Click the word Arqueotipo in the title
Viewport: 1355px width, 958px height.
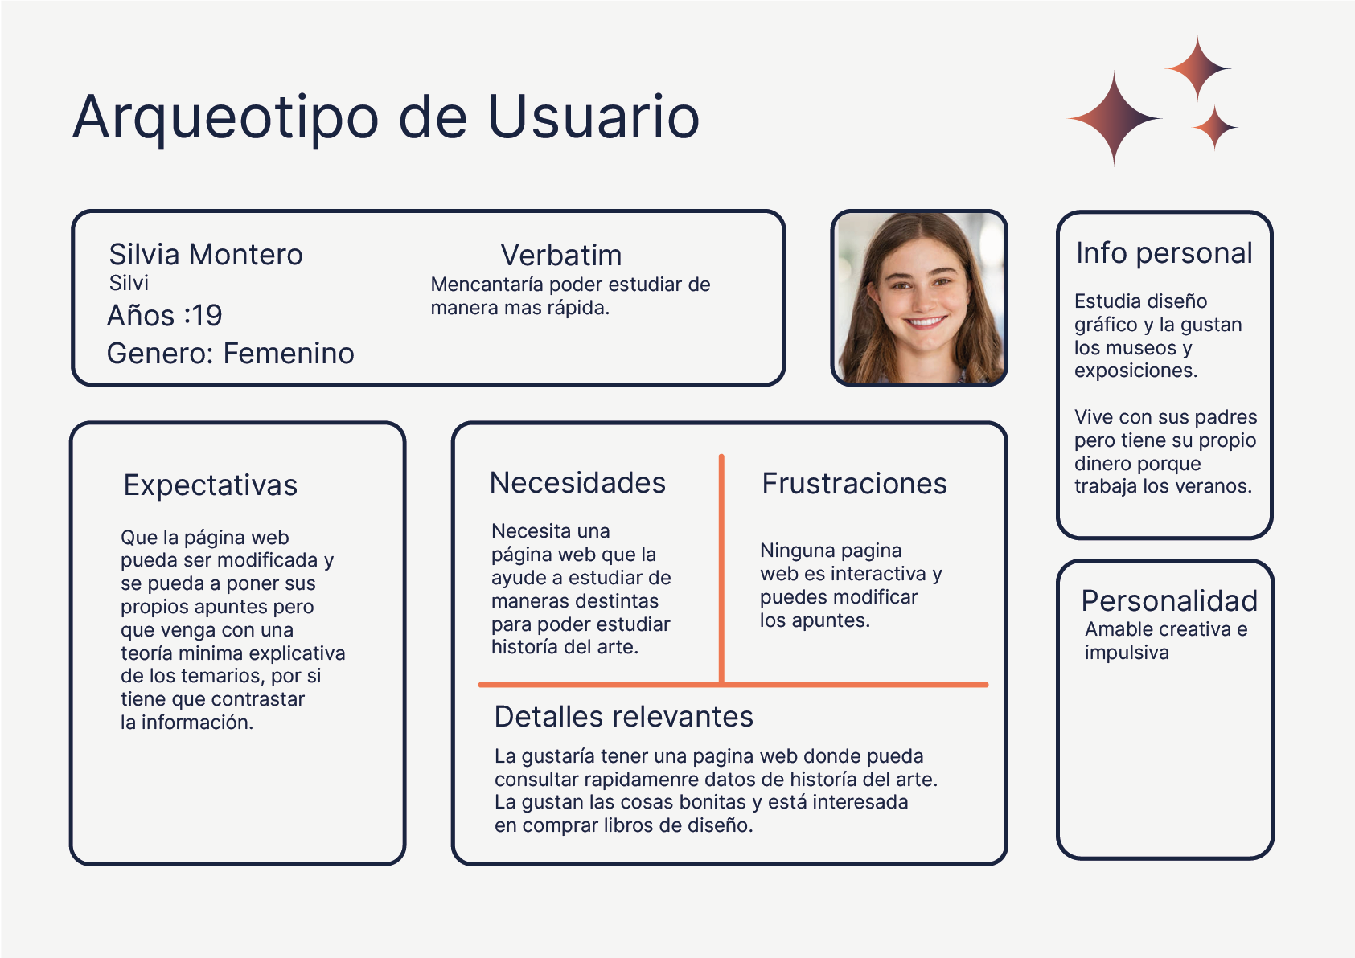pyautogui.click(x=226, y=118)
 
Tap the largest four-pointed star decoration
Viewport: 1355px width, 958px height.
pyautogui.click(x=1115, y=118)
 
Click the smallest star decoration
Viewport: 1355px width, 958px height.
pyautogui.click(x=1214, y=128)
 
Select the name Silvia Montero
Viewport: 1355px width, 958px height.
pyautogui.click(x=206, y=255)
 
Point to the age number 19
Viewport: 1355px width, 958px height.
pyautogui.click(x=207, y=316)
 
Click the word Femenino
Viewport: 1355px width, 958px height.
pyautogui.click(x=289, y=354)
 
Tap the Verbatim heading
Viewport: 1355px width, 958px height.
pyautogui.click(x=561, y=255)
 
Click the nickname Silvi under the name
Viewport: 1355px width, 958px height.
pyautogui.click(x=129, y=283)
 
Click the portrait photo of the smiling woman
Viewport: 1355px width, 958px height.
pyautogui.click(x=919, y=298)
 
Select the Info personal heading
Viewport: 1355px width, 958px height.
pyautogui.click(x=1164, y=253)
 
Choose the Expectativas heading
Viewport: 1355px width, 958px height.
pyautogui.click(x=211, y=485)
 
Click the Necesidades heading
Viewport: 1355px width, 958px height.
pyautogui.click(x=577, y=483)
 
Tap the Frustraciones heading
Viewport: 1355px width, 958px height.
pyautogui.click(x=854, y=484)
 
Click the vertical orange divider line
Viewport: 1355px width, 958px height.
pyautogui.click(x=721, y=569)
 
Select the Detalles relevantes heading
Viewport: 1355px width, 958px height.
pyautogui.click(x=624, y=717)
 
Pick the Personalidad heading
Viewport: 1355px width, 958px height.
pyautogui.click(x=1169, y=601)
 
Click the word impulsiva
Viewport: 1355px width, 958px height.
pyautogui.click(x=1127, y=653)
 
